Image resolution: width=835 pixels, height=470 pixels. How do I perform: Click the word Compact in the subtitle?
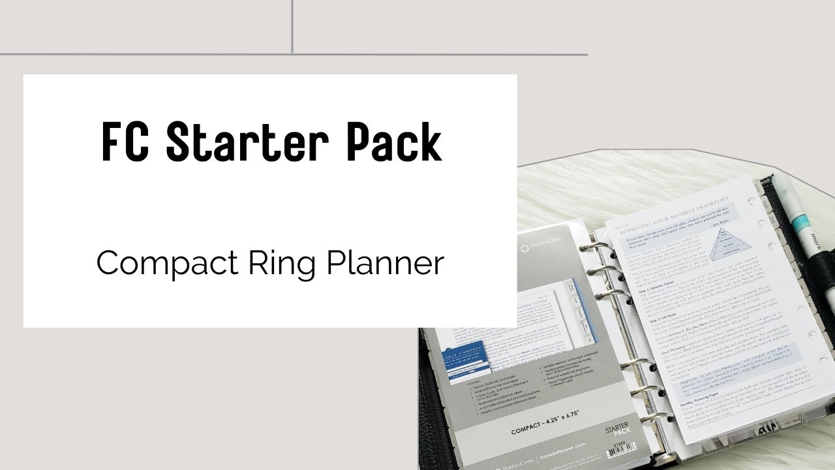166,263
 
